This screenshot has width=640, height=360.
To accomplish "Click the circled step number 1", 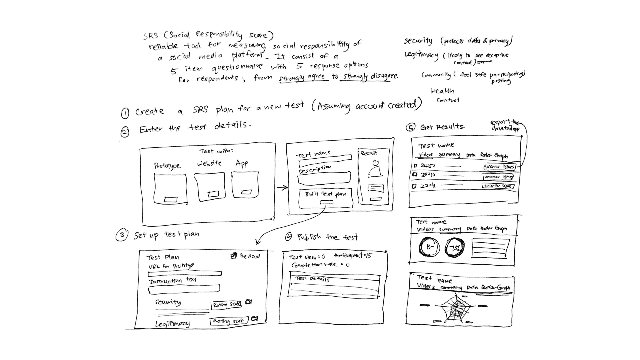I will [125, 113].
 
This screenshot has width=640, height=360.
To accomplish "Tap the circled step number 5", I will [410, 127].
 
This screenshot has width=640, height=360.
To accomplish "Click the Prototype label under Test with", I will [167, 166].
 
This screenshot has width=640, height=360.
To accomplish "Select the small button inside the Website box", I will [213, 194].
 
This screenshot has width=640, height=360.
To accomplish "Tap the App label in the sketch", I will [242, 163].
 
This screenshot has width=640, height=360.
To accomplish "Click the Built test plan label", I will [325, 194].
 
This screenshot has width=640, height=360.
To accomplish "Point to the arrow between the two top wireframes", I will [282, 188].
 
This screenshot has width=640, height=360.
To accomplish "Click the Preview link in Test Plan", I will [245, 256].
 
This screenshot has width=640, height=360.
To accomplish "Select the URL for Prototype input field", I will [185, 274].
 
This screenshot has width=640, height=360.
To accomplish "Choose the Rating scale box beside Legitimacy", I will [229, 321].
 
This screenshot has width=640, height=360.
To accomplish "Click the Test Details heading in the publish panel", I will [312, 278].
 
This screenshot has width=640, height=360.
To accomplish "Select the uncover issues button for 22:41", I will [498, 186].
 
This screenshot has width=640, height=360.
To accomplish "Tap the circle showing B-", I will [429, 247].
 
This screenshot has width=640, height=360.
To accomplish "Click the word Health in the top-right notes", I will [442, 91].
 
